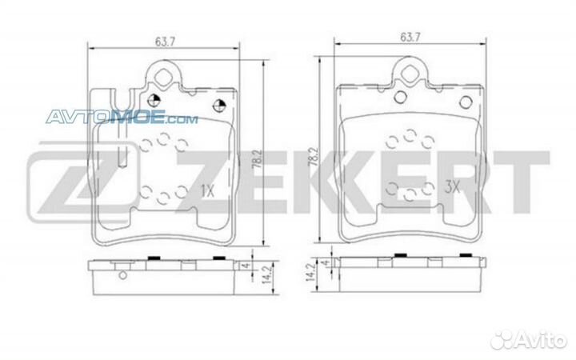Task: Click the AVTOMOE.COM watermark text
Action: click(120, 118)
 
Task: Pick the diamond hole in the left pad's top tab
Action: click(165, 78)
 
